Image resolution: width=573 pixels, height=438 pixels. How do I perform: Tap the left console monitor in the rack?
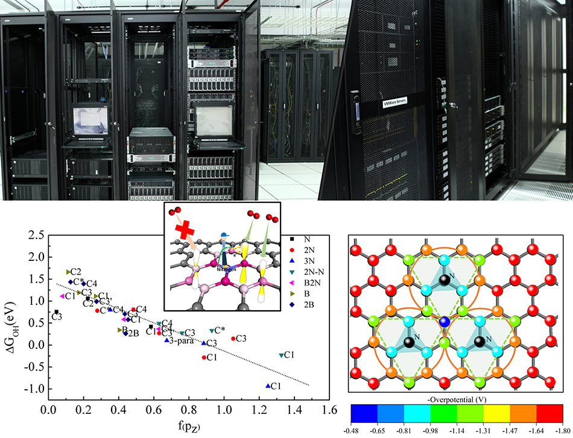click(x=89, y=121)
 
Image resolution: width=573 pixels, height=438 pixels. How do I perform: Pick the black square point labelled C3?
click(x=57, y=312)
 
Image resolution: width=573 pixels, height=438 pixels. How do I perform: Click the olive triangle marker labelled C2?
click(x=69, y=272)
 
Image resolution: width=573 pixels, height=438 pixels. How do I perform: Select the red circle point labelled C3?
click(x=233, y=339)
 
